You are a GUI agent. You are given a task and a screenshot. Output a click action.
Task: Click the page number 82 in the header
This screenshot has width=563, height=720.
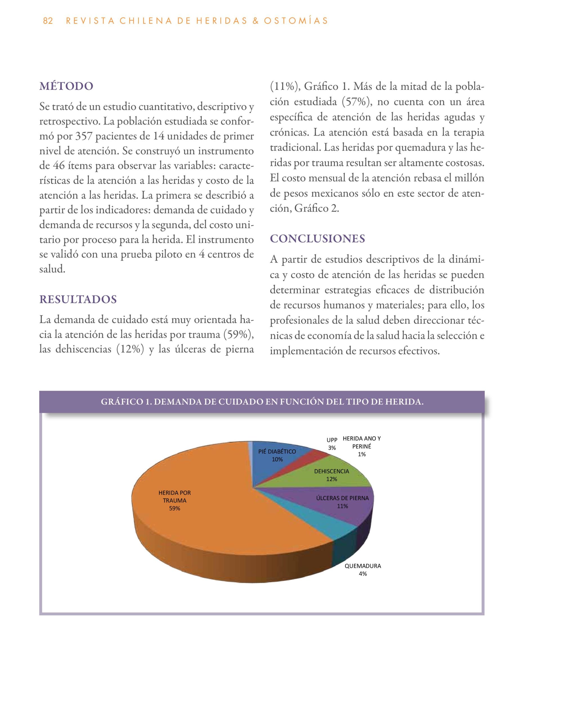(x=48, y=21)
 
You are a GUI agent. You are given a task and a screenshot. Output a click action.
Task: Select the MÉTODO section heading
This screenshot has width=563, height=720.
(x=66, y=86)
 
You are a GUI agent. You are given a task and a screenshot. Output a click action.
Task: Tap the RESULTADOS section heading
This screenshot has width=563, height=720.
(x=78, y=299)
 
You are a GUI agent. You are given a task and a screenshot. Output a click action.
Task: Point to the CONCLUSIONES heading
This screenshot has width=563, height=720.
(x=317, y=239)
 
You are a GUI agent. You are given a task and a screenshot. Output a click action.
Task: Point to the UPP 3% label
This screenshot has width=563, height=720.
(x=332, y=444)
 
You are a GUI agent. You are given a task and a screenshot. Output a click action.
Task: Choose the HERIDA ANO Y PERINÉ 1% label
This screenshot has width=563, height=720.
(x=362, y=446)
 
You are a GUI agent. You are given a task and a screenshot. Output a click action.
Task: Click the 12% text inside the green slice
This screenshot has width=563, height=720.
(x=331, y=479)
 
